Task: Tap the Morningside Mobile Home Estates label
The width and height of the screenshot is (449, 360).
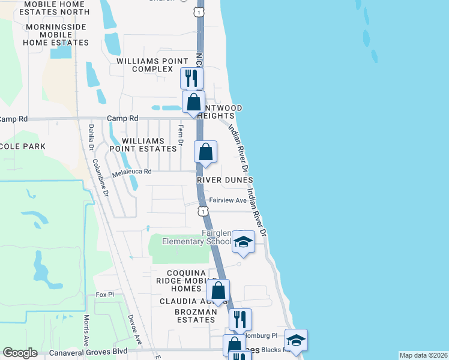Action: (x=56, y=35)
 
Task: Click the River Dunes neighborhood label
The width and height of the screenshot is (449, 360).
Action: (x=225, y=180)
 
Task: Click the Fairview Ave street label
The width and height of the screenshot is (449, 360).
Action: (x=228, y=200)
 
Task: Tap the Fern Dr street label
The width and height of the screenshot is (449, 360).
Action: (x=180, y=136)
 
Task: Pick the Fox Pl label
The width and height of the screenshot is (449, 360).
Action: (x=104, y=295)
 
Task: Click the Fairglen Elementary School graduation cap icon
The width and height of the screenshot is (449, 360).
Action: (x=243, y=242)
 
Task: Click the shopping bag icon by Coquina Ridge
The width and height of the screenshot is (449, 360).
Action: (x=218, y=290)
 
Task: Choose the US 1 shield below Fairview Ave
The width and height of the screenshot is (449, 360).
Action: (x=203, y=211)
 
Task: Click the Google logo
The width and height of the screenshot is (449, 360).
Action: (x=20, y=353)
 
